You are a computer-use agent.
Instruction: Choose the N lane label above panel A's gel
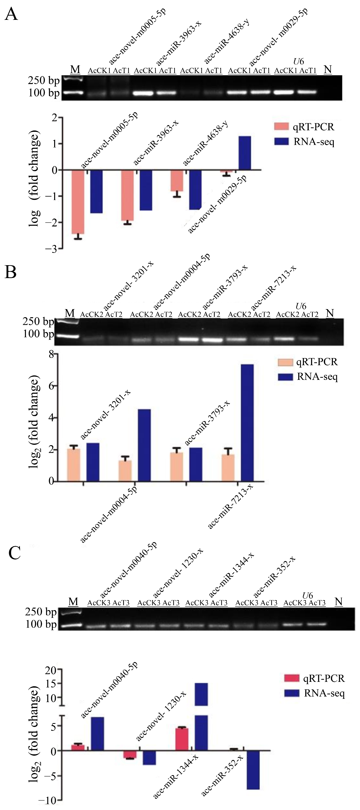[x=328, y=70]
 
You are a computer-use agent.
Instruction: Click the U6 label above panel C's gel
[x=308, y=595]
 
